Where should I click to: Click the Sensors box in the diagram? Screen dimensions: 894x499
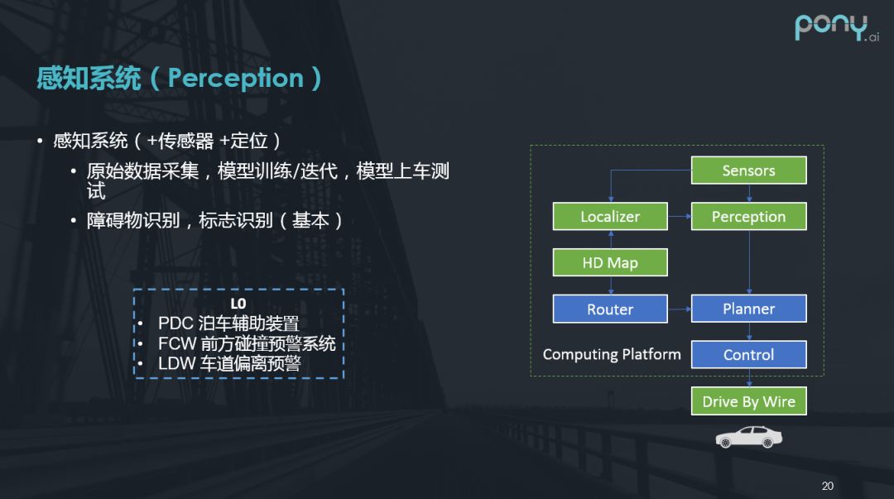(x=748, y=170)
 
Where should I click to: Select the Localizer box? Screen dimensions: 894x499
(x=610, y=217)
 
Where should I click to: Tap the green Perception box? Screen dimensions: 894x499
(x=748, y=217)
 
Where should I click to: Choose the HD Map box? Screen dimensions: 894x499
(x=610, y=263)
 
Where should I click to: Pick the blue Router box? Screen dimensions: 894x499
(x=610, y=309)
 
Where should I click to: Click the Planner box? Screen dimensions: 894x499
(x=748, y=309)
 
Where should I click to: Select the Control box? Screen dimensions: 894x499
(x=748, y=355)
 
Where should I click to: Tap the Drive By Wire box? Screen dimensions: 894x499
(x=748, y=402)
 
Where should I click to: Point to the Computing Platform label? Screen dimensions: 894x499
(x=612, y=354)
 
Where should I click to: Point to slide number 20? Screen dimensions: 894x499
(x=827, y=486)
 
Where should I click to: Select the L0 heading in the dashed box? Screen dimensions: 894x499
(x=238, y=304)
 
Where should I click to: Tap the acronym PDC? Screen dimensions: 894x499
(x=175, y=324)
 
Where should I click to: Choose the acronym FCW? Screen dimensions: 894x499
(x=176, y=343)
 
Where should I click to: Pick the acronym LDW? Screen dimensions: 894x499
(x=176, y=363)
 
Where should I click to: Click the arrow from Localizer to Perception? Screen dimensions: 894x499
(x=679, y=217)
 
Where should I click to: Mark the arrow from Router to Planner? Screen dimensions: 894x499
(x=679, y=309)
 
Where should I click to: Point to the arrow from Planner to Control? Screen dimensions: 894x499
(x=748, y=332)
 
